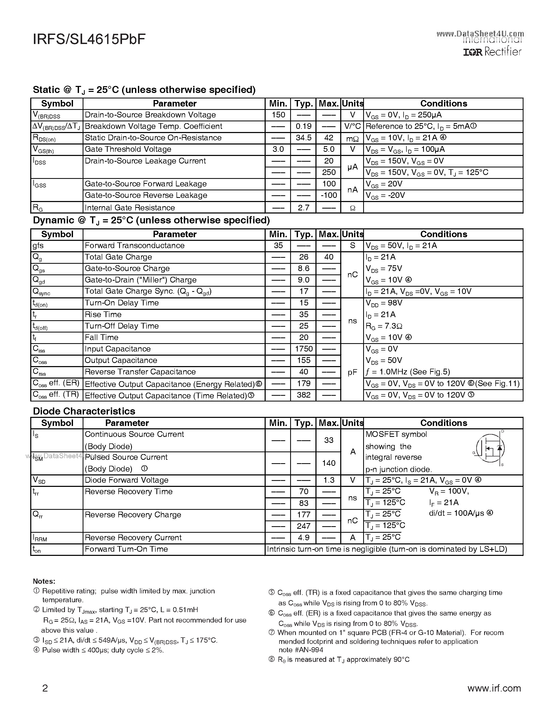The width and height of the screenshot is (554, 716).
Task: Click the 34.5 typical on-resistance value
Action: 303,138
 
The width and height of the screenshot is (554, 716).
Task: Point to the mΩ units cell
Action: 352,138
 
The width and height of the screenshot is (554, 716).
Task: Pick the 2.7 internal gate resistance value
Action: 303,208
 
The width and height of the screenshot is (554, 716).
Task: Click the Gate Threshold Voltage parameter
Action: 128,149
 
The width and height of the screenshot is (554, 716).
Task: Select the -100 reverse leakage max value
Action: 329,195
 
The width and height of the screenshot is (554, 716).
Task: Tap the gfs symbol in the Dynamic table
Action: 38,246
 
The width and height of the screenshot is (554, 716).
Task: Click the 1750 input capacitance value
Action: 303,349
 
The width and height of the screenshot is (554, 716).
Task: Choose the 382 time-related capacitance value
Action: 303,395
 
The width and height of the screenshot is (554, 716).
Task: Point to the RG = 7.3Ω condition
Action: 384,326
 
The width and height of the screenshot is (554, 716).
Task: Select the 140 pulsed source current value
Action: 329,463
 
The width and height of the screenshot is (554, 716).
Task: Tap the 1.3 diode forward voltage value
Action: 329,480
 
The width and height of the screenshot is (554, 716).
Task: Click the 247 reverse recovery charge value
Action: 303,526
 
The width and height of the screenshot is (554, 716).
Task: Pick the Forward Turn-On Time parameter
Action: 126,549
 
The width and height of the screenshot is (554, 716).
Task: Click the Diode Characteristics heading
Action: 84,411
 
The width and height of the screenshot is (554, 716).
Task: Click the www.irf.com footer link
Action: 494,688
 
